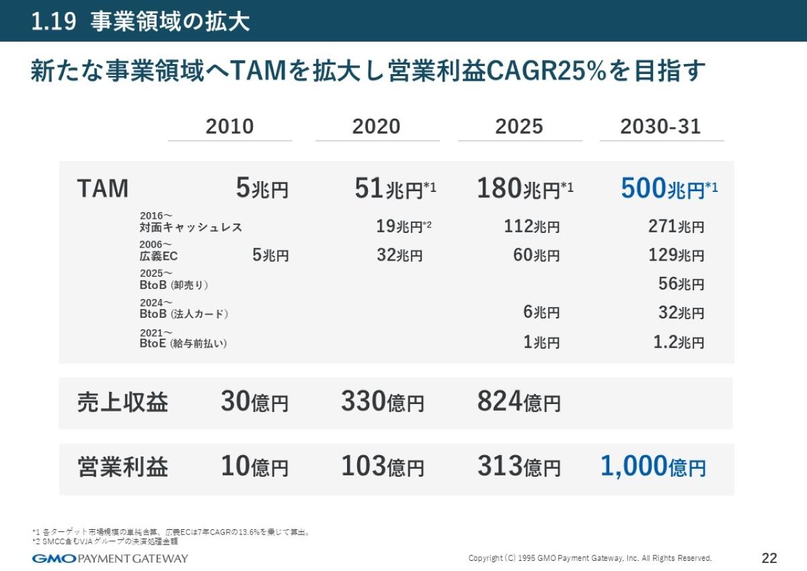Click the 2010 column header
tap(229, 127)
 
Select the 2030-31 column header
tap(660, 127)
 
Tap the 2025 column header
tap(518, 127)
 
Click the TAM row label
tap(102, 189)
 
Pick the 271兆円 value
tap(676, 227)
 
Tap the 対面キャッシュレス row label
tap(190, 228)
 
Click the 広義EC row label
tap(159, 256)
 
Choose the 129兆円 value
tap(676, 256)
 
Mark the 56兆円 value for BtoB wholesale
tap(681, 284)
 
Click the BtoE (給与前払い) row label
tap(183, 343)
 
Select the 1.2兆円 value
tap(679, 343)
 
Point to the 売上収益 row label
tap(122, 403)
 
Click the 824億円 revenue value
tap(518, 403)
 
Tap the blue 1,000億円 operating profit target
tap(652, 467)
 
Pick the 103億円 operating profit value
tap(382, 467)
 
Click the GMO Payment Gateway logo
tap(110, 558)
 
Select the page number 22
tap(769, 558)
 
